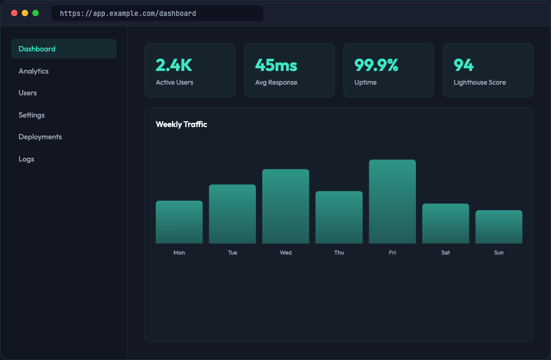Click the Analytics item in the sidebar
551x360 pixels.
click(x=33, y=71)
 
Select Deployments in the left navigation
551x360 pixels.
click(x=40, y=137)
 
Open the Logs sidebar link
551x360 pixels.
click(x=26, y=159)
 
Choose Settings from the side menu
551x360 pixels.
click(x=32, y=115)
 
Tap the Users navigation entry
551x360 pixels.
click(x=28, y=93)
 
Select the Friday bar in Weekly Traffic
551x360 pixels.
click(x=392, y=202)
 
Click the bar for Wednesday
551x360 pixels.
click(x=286, y=206)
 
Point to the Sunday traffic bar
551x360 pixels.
click(x=499, y=227)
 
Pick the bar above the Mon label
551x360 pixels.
click(x=179, y=222)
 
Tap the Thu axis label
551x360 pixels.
click(x=339, y=253)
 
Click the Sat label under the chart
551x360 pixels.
click(x=446, y=253)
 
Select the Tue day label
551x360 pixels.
click(x=233, y=253)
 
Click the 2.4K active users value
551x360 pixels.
click(x=174, y=65)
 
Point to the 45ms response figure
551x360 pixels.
click(x=276, y=65)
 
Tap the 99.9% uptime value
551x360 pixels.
click(x=376, y=65)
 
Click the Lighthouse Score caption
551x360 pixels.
click(x=479, y=83)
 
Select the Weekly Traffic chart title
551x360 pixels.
click(x=181, y=124)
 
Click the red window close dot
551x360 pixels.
click(x=14, y=13)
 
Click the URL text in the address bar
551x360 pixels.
click(x=128, y=13)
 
